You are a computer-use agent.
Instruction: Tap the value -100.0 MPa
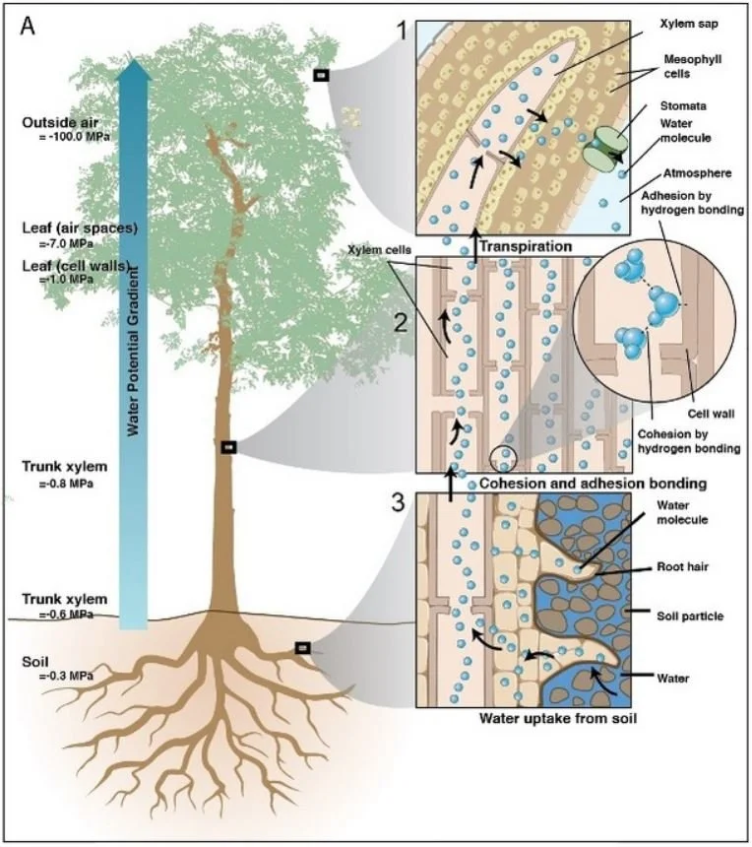tap(66, 138)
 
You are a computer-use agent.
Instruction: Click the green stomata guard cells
tap(602, 149)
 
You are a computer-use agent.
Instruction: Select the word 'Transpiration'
tap(525, 246)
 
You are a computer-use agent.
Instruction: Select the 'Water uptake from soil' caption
tap(557, 718)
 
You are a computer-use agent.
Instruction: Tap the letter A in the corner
tap(31, 27)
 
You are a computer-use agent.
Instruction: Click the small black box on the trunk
tap(229, 447)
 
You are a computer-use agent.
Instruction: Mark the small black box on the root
tap(303, 648)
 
